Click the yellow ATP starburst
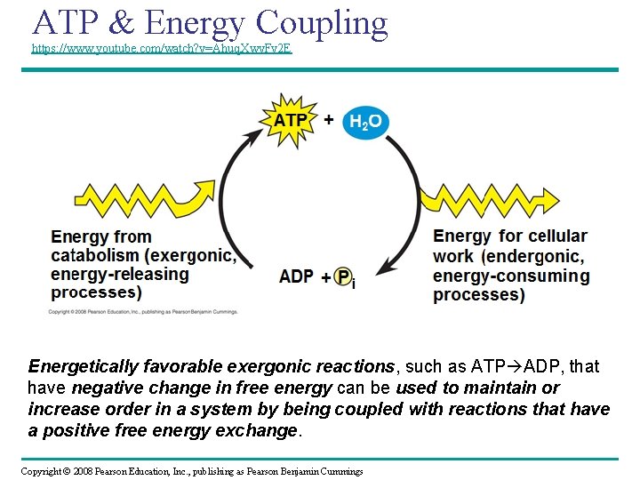tap(290, 119)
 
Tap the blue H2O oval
tap(364, 122)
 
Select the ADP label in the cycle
tap(296, 276)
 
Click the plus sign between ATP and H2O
tap(328, 119)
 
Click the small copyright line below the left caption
tap(143, 312)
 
